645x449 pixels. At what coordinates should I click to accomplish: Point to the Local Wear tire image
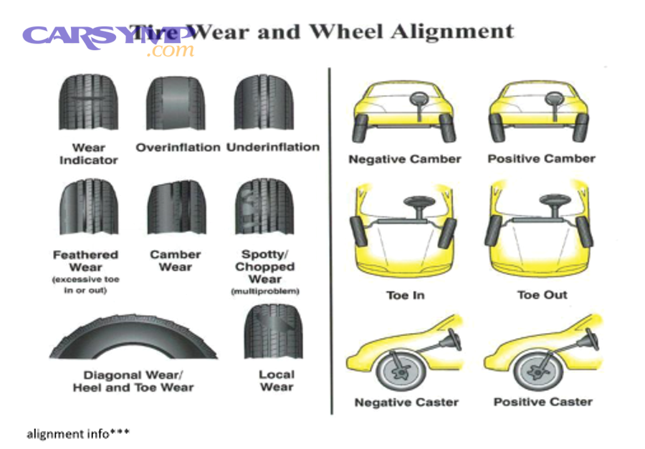[x=273, y=333]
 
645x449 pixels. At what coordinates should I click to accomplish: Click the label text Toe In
[x=406, y=295]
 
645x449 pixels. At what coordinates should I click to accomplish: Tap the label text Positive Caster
[x=543, y=402]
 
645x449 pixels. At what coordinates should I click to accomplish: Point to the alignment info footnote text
[x=78, y=434]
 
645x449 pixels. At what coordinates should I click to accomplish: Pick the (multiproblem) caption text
[x=264, y=291]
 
